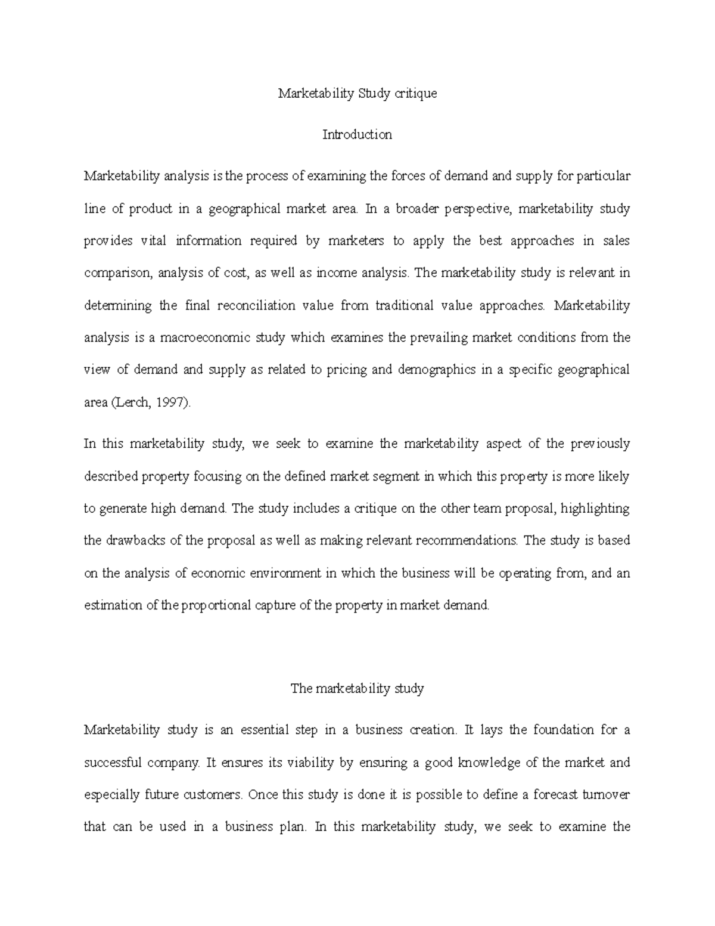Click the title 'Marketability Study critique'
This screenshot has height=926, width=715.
(x=357, y=94)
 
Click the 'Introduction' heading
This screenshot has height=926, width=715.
(x=357, y=135)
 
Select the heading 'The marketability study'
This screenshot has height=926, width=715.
(x=357, y=689)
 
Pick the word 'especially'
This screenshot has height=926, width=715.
(x=111, y=795)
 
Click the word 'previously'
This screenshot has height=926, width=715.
(x=600, y=444)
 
